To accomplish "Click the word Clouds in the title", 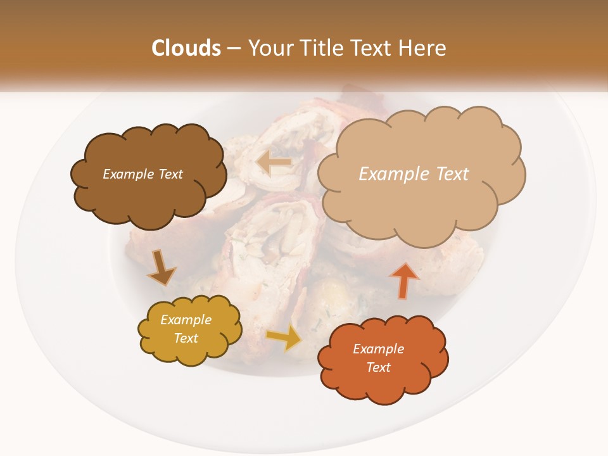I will click(x=187, y=48).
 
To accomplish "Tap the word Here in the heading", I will click(x=423, y=48).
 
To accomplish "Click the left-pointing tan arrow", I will click(x=274, y=163).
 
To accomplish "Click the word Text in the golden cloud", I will click(x=186, y=338).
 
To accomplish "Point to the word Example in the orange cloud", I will click(x=378, y=349).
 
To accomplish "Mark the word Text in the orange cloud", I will click(x=379, y=367).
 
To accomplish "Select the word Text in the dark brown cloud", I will click(x=170, y=174).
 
